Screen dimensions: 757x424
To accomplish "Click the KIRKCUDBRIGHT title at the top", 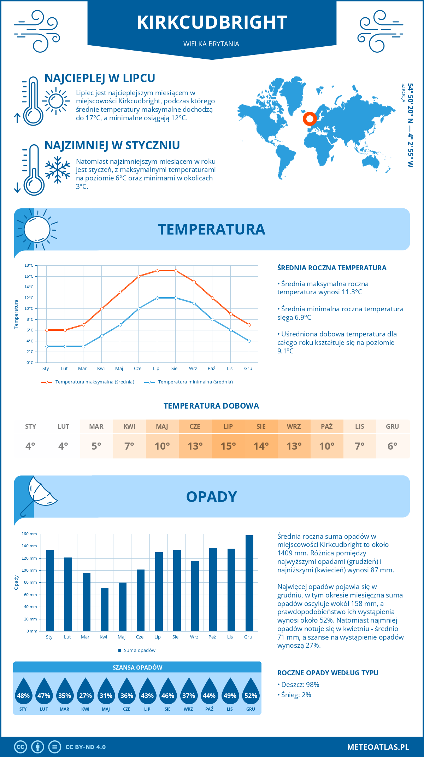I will tap(212, 22).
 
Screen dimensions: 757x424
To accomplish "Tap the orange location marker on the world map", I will tap(310, 119).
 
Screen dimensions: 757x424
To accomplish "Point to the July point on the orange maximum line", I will tap(157, 271).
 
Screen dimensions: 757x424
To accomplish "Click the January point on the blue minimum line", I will tap(47, 346).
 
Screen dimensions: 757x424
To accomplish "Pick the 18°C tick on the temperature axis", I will tap(29, 265).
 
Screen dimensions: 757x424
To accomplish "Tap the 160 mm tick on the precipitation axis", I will tap(30, 534).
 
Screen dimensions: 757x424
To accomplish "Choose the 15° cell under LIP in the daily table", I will tap(228, 446).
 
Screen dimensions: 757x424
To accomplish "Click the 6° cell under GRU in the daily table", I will tap(392, 446).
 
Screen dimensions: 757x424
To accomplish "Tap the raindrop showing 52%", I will tap(251, 693).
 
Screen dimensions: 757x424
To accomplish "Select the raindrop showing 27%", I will tap(85, 693).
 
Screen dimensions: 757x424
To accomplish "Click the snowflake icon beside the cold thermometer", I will tap(58, 170).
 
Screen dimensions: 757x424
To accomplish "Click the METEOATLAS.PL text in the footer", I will tap(378, 747).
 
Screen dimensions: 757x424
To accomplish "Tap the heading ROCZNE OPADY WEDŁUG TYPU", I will tap(328, 673).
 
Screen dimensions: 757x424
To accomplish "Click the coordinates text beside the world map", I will tap(410, 125).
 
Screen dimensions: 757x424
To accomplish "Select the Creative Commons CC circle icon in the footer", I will tap(20, 747).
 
